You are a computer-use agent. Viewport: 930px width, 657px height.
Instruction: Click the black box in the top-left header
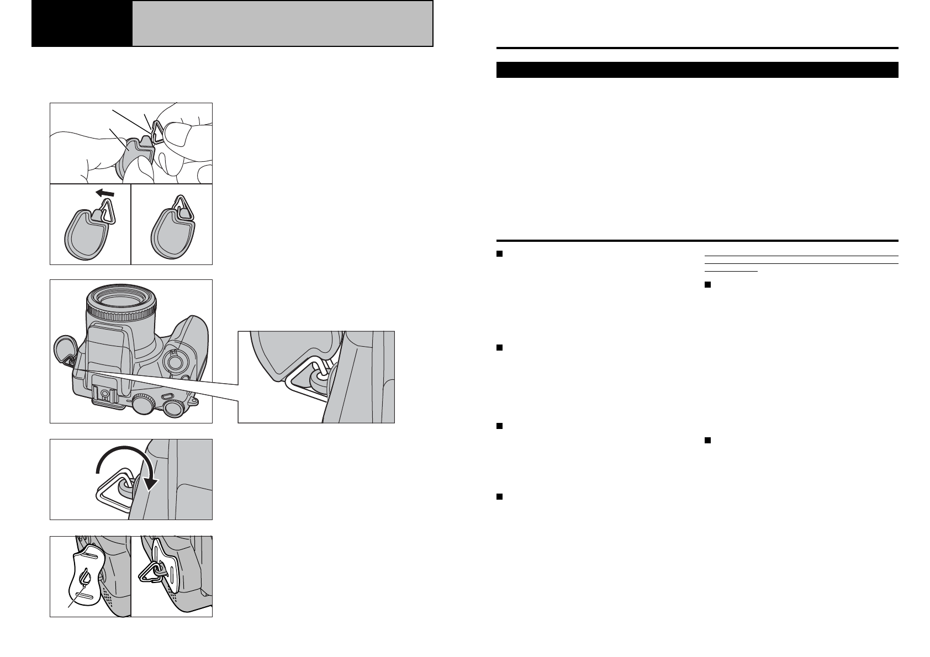click(82, 24)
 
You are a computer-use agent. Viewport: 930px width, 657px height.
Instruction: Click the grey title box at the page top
click(282, 24)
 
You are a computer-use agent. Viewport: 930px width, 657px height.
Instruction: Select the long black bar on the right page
click(697, 70)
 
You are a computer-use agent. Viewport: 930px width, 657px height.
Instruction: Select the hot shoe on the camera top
click(104, 393)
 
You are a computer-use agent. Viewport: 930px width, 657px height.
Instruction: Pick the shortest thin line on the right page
click(732, 271)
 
